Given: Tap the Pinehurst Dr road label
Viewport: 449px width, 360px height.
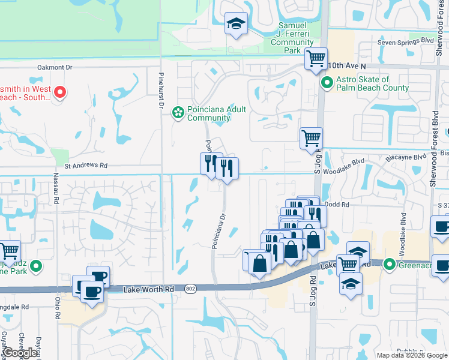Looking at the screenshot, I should click(161, 91).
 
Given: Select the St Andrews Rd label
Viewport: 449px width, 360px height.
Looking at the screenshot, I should click(86, 166).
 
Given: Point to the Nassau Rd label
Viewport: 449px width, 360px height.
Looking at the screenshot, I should click(56, 185).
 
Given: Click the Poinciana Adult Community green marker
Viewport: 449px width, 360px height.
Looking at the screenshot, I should click(178, 112).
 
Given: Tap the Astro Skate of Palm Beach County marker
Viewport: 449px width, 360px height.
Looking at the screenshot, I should click(327, 83).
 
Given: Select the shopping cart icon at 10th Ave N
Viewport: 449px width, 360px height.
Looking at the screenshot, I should click(316, 59).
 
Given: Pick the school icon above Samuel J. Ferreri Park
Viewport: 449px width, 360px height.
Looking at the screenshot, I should click(236, 24).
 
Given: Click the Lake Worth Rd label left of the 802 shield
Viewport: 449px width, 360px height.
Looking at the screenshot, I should click(148, 289).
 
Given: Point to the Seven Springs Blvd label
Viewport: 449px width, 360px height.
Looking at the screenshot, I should click(405, 42).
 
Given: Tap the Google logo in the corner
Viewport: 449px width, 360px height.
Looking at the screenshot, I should click(20, 353).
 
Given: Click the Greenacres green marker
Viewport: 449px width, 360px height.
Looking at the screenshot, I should click(389, 263).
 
